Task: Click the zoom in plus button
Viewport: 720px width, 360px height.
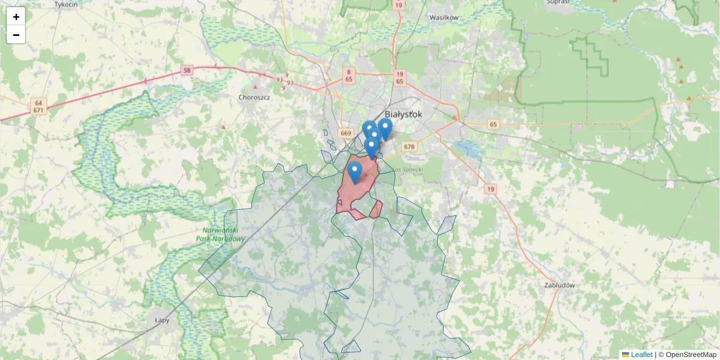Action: [16, 17]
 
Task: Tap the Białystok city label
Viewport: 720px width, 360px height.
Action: [403, 114]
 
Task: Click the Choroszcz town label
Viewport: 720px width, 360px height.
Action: [254, 97]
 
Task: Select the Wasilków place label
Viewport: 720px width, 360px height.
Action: [444, 17]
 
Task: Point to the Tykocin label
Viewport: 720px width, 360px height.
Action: [66, 4]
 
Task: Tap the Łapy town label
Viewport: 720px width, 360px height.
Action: [162, 320]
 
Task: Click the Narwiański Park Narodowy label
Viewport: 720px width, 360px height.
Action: [221, 235]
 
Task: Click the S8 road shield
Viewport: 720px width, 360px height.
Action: [188, 71]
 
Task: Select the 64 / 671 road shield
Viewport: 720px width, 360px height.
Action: [38, 106]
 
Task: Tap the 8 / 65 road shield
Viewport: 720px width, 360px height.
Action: [349, 75]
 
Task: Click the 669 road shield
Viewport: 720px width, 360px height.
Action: [346, 133]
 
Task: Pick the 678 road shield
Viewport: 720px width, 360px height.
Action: [409, 147]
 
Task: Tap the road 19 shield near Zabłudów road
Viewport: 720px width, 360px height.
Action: [491, 190]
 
